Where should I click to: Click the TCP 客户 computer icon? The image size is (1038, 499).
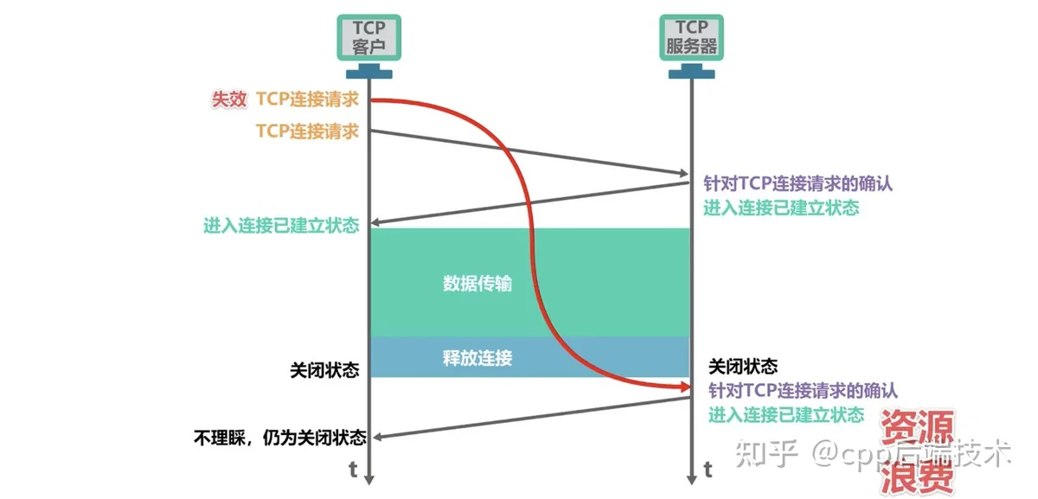[x=368, y=46]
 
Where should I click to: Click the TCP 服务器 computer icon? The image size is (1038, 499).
[x=691, y=46]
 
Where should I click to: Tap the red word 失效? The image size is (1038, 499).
[x=229, y=99]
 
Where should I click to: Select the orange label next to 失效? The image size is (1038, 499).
[x=307, y=99]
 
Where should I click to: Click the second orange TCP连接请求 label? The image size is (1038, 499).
[x=307, y=131]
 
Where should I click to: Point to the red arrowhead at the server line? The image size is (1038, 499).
[x=685, y=387]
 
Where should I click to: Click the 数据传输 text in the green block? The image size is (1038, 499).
[x=477, y=283]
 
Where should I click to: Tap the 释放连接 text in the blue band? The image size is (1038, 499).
[x=477, y=358]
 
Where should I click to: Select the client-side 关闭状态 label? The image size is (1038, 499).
[x=324, y=370]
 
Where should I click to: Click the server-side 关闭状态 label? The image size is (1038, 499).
[x=743, y=367]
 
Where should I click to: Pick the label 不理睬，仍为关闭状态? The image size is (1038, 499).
[x=280, y=438]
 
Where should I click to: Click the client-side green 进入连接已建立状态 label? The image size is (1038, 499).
[x=281, y=226]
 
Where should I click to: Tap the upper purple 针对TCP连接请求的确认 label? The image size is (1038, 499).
[x=798, y=183]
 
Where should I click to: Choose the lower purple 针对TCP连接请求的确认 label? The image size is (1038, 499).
[x=803, y=391]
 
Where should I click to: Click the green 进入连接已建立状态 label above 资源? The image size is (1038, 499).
[x=786, y=414]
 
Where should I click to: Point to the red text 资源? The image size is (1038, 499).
[x=918, y=426]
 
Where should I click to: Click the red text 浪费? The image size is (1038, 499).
[x=918, y=477]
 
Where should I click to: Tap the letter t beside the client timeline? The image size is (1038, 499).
[x=353, y=470]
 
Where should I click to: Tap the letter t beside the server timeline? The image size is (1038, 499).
[x=708, y=470]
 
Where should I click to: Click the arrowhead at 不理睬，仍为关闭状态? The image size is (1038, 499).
[x=378, y=437]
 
